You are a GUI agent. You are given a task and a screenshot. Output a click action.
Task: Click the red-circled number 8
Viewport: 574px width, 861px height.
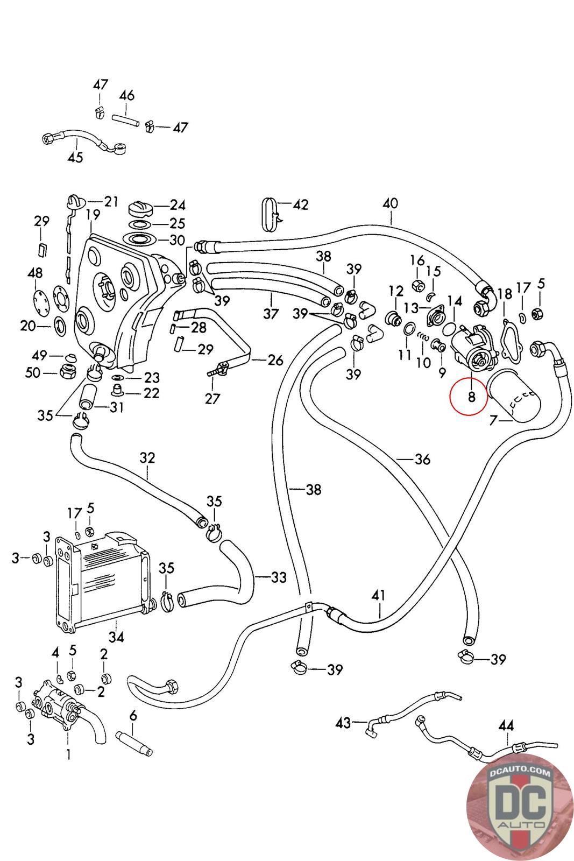[471, 396]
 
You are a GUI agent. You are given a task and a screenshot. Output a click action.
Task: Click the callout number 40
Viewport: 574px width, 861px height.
[391, 203]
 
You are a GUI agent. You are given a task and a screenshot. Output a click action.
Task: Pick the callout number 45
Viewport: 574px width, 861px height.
[75, 157]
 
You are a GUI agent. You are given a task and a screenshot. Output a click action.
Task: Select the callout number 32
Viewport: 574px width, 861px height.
[147, 458]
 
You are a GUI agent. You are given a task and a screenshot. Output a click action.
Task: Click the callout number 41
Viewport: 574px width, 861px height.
[378, 596]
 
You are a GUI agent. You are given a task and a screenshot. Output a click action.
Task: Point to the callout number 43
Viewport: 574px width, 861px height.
[343, 723]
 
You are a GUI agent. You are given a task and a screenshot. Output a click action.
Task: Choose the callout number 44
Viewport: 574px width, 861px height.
[506, 726]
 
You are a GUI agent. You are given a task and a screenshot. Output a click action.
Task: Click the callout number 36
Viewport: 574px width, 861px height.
[423, 459]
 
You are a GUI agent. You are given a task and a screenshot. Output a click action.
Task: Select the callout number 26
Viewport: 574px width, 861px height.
[275, 360]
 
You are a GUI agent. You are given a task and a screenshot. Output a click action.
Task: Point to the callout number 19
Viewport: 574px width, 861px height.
[93, 215]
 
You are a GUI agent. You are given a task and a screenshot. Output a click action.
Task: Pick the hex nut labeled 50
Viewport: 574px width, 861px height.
[68, 371]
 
